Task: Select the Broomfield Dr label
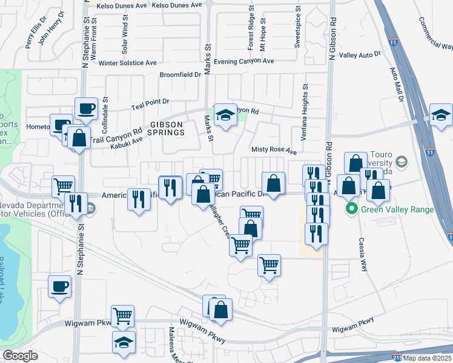click(180, 74)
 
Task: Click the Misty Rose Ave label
click(274, 151)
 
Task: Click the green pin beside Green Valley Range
click(350, 210)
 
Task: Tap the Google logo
click(20, 355)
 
